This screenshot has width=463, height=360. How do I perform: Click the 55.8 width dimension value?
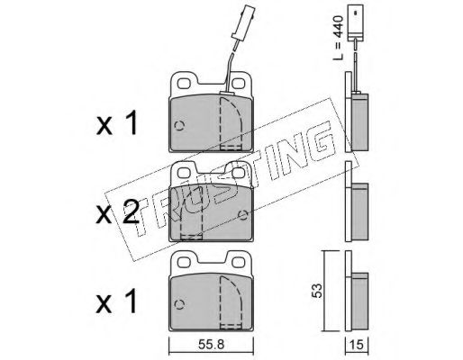click(x=211, y=345)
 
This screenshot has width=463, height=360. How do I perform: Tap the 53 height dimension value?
click(x=316, y=291)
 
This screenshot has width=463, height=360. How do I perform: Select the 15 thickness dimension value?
click(x=357, y=345)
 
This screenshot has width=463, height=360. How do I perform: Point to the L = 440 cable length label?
click(x=338, y=38)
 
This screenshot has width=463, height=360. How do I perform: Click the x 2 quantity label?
click(x=117, y=213)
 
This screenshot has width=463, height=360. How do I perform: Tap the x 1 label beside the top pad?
click(x=117, y=122)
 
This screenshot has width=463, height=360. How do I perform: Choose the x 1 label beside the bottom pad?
click(x=117, y=301)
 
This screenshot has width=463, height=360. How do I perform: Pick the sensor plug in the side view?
click(x=356, y=22)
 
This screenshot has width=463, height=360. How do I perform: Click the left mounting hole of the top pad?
click(x=184, y=84)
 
